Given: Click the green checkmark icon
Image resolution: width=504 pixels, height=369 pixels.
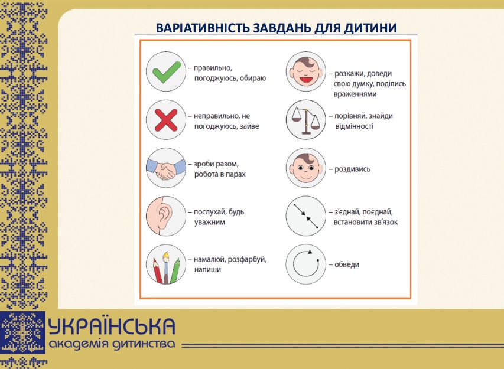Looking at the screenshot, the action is [x=166, y=71].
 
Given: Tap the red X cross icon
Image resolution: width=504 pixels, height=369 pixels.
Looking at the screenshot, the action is [x=166, y=120].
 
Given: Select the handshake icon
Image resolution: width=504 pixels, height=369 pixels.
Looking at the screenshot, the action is [x=166, y=168].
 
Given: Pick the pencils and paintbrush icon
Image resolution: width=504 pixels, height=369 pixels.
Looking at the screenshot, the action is [x=166, y=264].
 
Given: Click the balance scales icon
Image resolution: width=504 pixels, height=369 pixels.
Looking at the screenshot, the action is [x=305, y=120].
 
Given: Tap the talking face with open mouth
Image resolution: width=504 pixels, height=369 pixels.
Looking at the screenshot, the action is [x=305, y=71].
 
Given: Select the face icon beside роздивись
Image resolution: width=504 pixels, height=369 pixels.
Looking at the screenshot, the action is [x=305, y=168].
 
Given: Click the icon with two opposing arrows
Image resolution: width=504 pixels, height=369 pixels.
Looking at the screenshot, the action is [x=305, y=216].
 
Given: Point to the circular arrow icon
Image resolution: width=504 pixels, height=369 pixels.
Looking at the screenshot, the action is [x=305, y=264].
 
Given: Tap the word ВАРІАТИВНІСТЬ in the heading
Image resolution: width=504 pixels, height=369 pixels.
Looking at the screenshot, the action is [x=203, y=28].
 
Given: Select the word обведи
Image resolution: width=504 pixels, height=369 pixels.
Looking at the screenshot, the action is [x=347, y=264].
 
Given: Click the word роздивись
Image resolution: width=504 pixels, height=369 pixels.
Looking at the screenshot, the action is [x=352, y=169].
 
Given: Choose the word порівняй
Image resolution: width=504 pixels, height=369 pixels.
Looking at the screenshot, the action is [x=349, y=116].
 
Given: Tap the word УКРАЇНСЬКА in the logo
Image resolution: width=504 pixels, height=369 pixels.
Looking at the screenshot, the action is [x=112, y=326].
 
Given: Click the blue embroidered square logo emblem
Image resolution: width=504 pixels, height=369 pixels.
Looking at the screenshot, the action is [x=22, y=333].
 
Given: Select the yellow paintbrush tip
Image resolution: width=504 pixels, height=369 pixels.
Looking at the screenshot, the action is [x=166, y=256].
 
